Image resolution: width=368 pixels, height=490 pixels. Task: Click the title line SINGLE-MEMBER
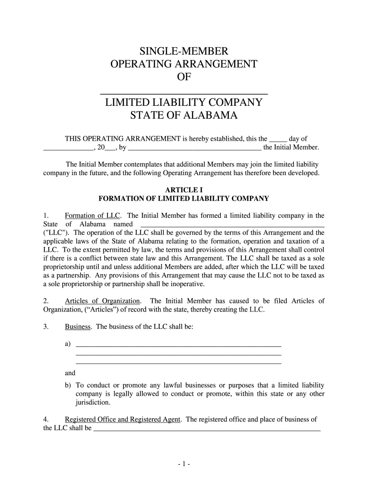(184, 51)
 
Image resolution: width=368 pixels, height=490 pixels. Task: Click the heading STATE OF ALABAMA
(184, 115)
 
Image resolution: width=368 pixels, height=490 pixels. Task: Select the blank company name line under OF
(184, 91)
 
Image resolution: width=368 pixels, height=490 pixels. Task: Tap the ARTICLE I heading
(184, 189)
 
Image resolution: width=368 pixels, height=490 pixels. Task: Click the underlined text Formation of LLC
(92, 215)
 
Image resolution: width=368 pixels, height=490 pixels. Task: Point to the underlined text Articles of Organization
(103, 301)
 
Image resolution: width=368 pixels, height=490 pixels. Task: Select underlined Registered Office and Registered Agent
(123, 419)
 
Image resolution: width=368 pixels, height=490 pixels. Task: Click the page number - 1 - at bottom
(184, 464)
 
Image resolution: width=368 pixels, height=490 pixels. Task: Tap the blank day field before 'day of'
(278, 139)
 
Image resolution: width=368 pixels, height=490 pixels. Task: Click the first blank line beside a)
(179, 345)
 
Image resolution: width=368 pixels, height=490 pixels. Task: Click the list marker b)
(68, 385)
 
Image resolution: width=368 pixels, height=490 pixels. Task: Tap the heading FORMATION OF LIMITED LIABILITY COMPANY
(184, 198)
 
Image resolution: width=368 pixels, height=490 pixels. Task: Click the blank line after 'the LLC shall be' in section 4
(206, 429)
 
